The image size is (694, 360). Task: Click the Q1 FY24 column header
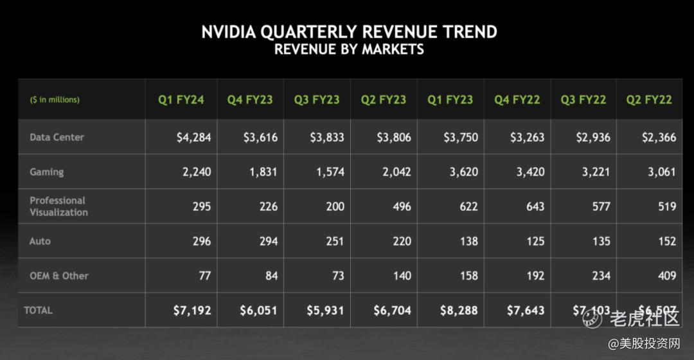click(181, 100)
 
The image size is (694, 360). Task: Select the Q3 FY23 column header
click(317, 100)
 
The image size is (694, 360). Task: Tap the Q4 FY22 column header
click(517, 100)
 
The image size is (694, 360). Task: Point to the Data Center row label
click(57, 137)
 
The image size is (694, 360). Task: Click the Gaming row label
click(46, 172)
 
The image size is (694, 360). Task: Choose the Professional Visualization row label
click(58, 206)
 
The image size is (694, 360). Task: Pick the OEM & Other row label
click(59, 276)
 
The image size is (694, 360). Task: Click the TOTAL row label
click(38, 310)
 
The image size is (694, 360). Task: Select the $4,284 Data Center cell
click(193, 137)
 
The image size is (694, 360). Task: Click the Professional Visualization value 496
click(396, 206)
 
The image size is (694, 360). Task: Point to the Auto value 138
click(468, 241)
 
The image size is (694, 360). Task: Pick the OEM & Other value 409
click(666, 276)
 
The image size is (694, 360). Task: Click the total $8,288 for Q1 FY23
click(459, 310)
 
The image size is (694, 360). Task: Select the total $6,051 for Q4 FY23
click(258, 310)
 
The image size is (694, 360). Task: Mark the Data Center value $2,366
click(659, 137)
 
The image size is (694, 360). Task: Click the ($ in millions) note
click(55, 100)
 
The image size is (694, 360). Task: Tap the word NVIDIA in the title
click(231, 32)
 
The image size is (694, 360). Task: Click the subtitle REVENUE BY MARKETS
click(349, 50)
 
